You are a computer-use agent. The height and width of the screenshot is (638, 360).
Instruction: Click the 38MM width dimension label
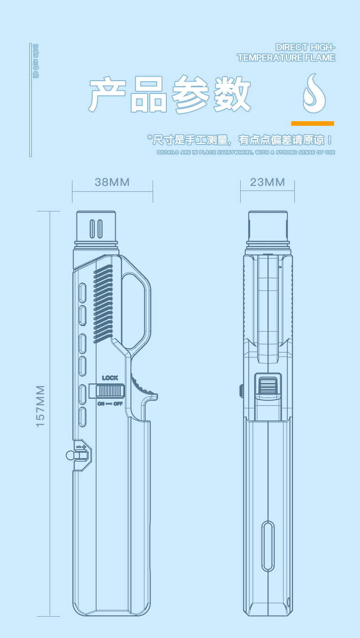coord(112,182)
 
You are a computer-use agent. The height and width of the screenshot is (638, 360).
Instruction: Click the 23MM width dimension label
coord(267,182)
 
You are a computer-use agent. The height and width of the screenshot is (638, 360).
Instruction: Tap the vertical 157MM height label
coord(41,406)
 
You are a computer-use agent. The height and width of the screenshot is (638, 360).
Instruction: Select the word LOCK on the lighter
coord(110,378)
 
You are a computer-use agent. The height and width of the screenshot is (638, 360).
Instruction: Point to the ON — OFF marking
coord(110,403)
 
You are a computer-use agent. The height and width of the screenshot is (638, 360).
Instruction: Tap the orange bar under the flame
coord(313,123)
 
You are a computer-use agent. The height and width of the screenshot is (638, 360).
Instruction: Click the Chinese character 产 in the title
coord(108,95)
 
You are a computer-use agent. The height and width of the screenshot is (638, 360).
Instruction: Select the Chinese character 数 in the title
coord(232,95)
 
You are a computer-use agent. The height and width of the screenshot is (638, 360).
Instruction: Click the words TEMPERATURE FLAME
coord(286,58)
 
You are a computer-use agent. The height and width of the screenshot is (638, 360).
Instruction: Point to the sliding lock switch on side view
coord(110,391)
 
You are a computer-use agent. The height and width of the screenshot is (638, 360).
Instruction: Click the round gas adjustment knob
coord(70,455)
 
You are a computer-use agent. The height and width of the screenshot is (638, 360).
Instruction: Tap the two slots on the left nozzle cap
coord(96,229)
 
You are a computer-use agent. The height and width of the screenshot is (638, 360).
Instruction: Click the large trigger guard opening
coord(135,308)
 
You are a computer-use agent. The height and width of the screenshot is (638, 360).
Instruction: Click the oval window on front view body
coord(268,546)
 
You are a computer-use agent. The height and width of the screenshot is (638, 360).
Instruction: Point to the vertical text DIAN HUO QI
coord(36,61)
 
